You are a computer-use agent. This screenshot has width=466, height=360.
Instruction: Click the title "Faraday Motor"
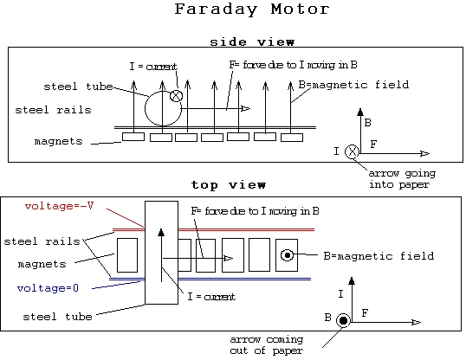252,10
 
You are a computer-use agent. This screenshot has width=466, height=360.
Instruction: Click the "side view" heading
252,42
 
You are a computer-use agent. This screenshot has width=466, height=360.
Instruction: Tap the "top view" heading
229,185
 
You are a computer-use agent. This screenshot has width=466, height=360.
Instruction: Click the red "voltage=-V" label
59,206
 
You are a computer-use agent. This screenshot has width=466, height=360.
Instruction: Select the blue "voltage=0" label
48,288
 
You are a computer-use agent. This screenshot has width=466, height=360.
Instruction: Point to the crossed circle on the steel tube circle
176,96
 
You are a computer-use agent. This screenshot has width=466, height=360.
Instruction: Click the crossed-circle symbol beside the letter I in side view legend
353,151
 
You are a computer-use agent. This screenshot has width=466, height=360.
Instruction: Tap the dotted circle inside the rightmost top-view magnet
287,255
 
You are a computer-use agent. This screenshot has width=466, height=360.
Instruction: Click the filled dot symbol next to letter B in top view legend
343,321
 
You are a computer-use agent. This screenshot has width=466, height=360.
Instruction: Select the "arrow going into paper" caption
402,179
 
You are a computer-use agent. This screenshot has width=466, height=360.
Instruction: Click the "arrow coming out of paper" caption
267,344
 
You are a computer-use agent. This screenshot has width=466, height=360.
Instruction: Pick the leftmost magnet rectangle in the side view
133,137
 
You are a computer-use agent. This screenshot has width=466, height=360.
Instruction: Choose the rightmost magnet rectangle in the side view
292,138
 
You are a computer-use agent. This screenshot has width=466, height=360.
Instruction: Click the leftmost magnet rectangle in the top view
127,255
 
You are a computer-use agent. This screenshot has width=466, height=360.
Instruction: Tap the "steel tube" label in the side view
79,87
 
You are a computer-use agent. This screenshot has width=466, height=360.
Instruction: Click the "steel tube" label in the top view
58,317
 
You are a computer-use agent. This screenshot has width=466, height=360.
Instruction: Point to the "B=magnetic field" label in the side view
353,85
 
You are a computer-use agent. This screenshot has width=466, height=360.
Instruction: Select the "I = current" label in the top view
211,297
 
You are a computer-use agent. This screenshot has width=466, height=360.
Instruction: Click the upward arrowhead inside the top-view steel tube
161,232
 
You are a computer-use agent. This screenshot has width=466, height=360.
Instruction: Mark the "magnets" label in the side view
59,141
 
